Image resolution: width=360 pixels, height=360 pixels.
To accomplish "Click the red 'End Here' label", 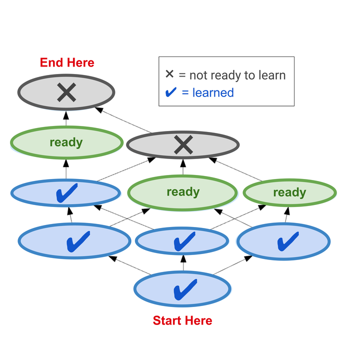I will point(67,62).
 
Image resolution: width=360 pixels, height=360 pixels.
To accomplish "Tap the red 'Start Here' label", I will point(182,320).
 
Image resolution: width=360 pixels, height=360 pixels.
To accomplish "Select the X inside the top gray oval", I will point(66,92).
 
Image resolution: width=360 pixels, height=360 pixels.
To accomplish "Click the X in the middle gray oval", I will point(183,145).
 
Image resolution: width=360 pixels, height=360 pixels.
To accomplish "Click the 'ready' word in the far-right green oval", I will point(289,192).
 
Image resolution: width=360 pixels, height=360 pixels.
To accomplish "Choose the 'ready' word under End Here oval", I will point(66,142).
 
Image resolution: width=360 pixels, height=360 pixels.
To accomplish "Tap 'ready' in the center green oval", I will point(183,192).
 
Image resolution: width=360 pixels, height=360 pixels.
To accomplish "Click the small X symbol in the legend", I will point(169,74).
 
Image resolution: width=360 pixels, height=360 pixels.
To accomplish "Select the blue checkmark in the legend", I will point(170,92).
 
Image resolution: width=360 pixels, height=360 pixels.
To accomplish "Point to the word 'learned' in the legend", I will point(212,92).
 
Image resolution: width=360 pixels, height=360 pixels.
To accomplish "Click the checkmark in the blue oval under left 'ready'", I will point(67,192).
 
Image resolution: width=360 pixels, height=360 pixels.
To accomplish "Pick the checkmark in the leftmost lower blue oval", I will point(78,241).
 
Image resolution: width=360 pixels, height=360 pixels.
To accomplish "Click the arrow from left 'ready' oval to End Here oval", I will point(65,119).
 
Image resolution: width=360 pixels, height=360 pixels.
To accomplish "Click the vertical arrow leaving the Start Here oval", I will point(183,263).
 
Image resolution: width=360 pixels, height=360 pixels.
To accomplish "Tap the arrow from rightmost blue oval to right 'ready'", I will point(286,216).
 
